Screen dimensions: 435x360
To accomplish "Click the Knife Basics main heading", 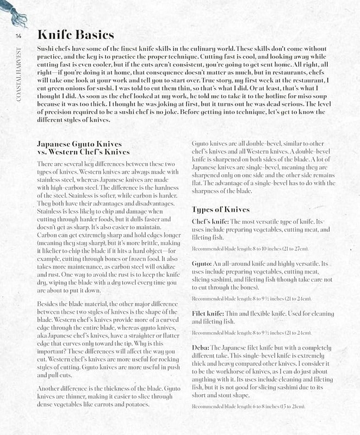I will coord(75,35).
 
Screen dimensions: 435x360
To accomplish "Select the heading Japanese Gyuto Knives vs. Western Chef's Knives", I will coord(83,148).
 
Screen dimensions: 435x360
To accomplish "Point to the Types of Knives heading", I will coord(221,209).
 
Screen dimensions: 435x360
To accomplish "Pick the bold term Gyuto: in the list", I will coord(204,264).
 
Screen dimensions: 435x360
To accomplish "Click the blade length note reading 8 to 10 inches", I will coord(250,248).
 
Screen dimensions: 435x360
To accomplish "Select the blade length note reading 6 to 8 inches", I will coord(249,407).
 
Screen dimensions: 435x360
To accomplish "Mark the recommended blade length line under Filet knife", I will coord(251,332).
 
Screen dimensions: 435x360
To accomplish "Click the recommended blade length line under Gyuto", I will coord(251,299).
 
